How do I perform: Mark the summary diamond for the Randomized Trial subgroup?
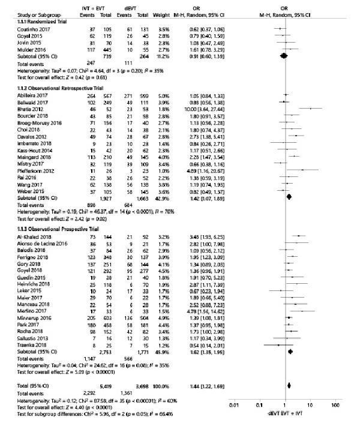tap(285, 55)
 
